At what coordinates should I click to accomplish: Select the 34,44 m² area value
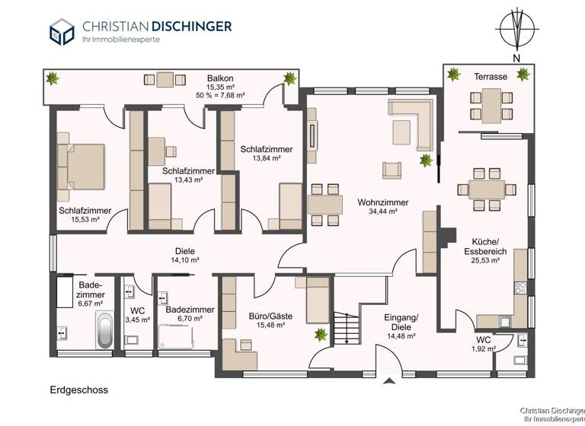[382, 212]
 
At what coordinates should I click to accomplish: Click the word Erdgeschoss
[75, 390]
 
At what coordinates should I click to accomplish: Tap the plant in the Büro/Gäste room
[321, 332]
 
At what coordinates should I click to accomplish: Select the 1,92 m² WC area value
[484, 349]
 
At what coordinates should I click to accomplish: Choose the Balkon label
[219, 78]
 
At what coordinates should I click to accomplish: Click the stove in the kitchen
[521, 288]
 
